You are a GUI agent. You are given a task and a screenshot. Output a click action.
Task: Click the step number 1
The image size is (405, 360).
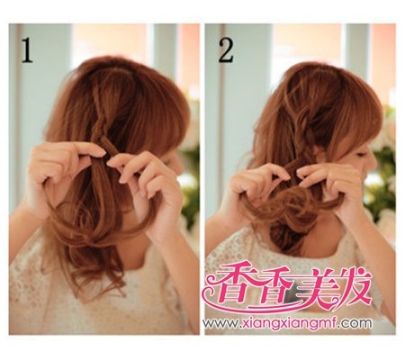27,51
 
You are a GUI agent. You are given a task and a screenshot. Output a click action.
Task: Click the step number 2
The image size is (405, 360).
226,51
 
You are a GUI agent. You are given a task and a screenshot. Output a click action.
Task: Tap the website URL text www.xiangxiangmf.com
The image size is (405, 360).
287,323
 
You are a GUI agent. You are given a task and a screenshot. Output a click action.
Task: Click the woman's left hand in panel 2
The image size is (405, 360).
258,187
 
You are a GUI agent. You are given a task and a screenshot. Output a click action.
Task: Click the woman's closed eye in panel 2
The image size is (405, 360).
361,155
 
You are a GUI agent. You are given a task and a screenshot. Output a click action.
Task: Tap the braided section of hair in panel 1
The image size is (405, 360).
99,120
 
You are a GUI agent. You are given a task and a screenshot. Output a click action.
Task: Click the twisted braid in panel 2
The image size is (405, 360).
304,132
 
